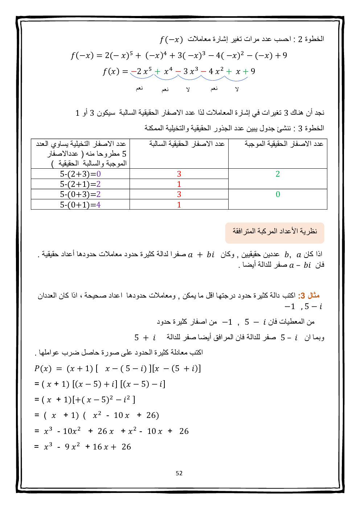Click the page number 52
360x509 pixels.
tap(179, 473)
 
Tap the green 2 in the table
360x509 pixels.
tap(278, 174)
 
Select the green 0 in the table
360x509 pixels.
tap(278, 194)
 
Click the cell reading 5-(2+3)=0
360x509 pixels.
tap(80, 174)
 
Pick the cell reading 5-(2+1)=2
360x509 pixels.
tap(80, 184)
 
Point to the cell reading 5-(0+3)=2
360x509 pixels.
tap(80, 194)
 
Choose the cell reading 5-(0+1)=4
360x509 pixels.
tap(80, 205)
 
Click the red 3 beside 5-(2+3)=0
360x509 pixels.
tap(179, 174)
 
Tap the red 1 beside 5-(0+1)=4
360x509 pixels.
tap(179, 205)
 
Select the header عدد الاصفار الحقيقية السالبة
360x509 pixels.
tap(187, 144)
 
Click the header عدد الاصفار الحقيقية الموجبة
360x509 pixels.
tap(284, 144)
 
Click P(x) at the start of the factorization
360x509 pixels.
tap(43, 369)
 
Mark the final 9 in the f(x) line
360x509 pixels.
tap(253, 71)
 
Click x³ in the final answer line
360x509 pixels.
tap(48, 447)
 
